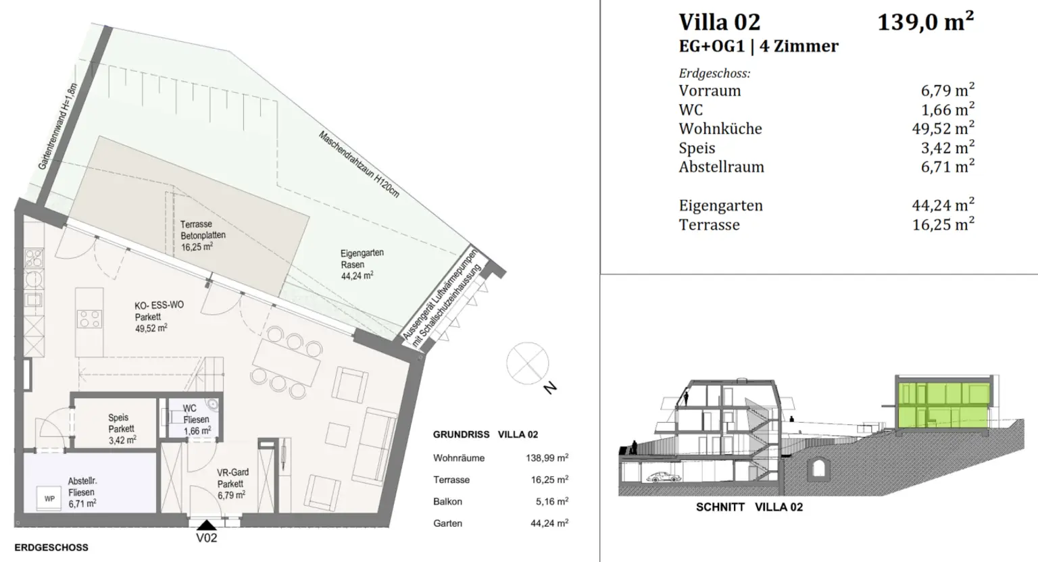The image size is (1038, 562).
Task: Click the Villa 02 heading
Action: coord(719,22)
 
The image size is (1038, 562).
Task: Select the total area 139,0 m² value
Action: coord(925,22)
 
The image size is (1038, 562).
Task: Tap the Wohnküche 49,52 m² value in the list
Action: coord(943,128)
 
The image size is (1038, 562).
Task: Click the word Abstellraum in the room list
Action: coord(721,167)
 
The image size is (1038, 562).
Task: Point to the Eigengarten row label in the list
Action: coord(720,205)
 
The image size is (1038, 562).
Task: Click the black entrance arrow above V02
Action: coord(206,524)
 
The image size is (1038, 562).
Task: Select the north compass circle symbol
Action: coord(528,363)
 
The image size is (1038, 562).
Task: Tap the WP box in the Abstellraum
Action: coord(49,499)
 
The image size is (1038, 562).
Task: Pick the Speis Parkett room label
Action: coord(122,428)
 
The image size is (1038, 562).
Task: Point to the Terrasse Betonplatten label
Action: coord(202,235)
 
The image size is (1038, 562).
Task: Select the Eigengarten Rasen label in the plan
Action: coord(361,264)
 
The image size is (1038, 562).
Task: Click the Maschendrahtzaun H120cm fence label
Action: coord(358,165)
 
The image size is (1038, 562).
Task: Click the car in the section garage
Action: coord(663,478)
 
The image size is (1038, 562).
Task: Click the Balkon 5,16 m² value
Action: coord(549,502)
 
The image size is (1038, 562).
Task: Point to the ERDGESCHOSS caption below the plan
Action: coord(51,547)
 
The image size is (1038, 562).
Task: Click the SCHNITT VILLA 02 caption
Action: coord(749,507)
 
